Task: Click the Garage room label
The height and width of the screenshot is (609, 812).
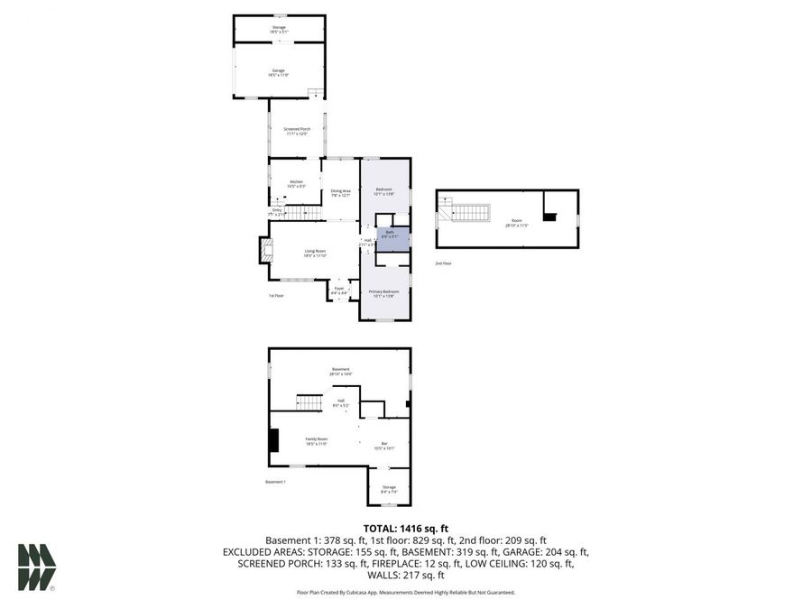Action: pyautogui.click(x=279, y=72)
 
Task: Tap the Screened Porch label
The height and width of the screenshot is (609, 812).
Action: pyautogui.click(x=297, y=131)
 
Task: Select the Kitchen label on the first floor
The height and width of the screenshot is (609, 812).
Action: pyautogui.click(x=297, y=184)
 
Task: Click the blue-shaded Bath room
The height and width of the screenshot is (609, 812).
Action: pyautogui.click(x=391, y=236)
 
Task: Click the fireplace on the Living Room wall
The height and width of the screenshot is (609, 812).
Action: pyautogui.click(x=265, y=250)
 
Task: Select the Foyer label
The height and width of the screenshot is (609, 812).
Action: pyautogui.click(x=339, y=291)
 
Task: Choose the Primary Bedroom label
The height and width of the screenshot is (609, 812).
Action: pyautogui.click(x=384, y=293)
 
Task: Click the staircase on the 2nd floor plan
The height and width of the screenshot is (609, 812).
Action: pyautogui.click(x=468, y=214)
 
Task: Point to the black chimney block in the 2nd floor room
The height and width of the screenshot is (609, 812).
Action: pyautogui.click(x=549, y=217)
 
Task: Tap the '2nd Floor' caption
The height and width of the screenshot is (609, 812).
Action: pyautogui.click(x=444, y=263)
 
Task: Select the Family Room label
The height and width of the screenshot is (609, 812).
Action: pyautogui.click(x=316, y=441)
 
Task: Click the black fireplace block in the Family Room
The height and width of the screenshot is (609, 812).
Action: pyautogui.click(x=273, y=439)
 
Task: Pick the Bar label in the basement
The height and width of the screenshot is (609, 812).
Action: pyautogui.click(x=384, y=445)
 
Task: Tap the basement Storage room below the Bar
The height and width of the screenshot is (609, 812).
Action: pyautogui.click(x=389, y=487)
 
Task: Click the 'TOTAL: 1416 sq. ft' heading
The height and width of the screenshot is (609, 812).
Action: pyautogui.click(x=405, y=528)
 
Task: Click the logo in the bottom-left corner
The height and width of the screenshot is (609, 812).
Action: pyautogui.click(x=37, y=567)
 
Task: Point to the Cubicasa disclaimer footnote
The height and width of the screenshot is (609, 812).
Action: pyautogui.click(x=405, y=593)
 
